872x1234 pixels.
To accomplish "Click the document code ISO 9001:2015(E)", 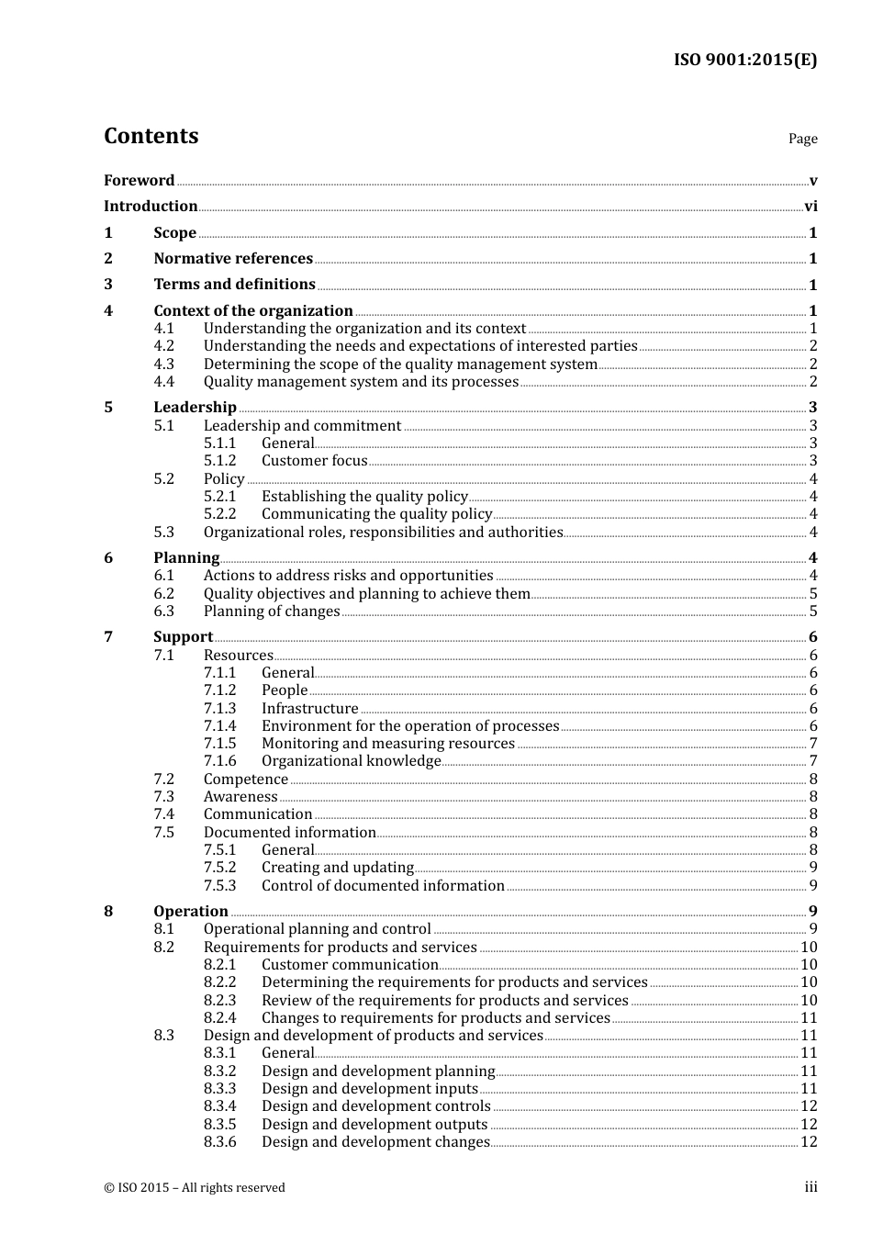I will [745, 61].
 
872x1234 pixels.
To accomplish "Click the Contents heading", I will [151, 136].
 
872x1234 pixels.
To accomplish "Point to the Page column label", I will [802, 139].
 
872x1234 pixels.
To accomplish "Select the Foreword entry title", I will [139, 181].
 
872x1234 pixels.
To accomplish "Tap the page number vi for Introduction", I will [811, 207].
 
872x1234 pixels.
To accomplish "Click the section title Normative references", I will [233, 259].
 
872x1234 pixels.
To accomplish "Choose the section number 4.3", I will [163, 365].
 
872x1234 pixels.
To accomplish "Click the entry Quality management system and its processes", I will [361, 382].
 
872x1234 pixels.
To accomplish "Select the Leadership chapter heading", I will [195, 408].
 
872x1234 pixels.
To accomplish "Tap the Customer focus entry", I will [314, 461].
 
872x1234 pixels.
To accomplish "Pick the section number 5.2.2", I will [219, 514].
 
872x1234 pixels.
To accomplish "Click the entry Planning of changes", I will [272, 611].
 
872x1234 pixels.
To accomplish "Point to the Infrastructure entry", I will [309, 709].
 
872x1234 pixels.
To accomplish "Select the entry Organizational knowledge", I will [351, 761].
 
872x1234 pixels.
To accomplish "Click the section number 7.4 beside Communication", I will [163, 814].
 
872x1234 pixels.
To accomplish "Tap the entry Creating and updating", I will [337, 868].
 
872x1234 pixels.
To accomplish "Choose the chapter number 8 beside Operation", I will [108, 912].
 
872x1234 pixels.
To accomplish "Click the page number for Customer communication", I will [809, 965].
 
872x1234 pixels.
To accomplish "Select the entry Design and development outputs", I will [374, 1125].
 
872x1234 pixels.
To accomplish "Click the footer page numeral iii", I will [811, 1187].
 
